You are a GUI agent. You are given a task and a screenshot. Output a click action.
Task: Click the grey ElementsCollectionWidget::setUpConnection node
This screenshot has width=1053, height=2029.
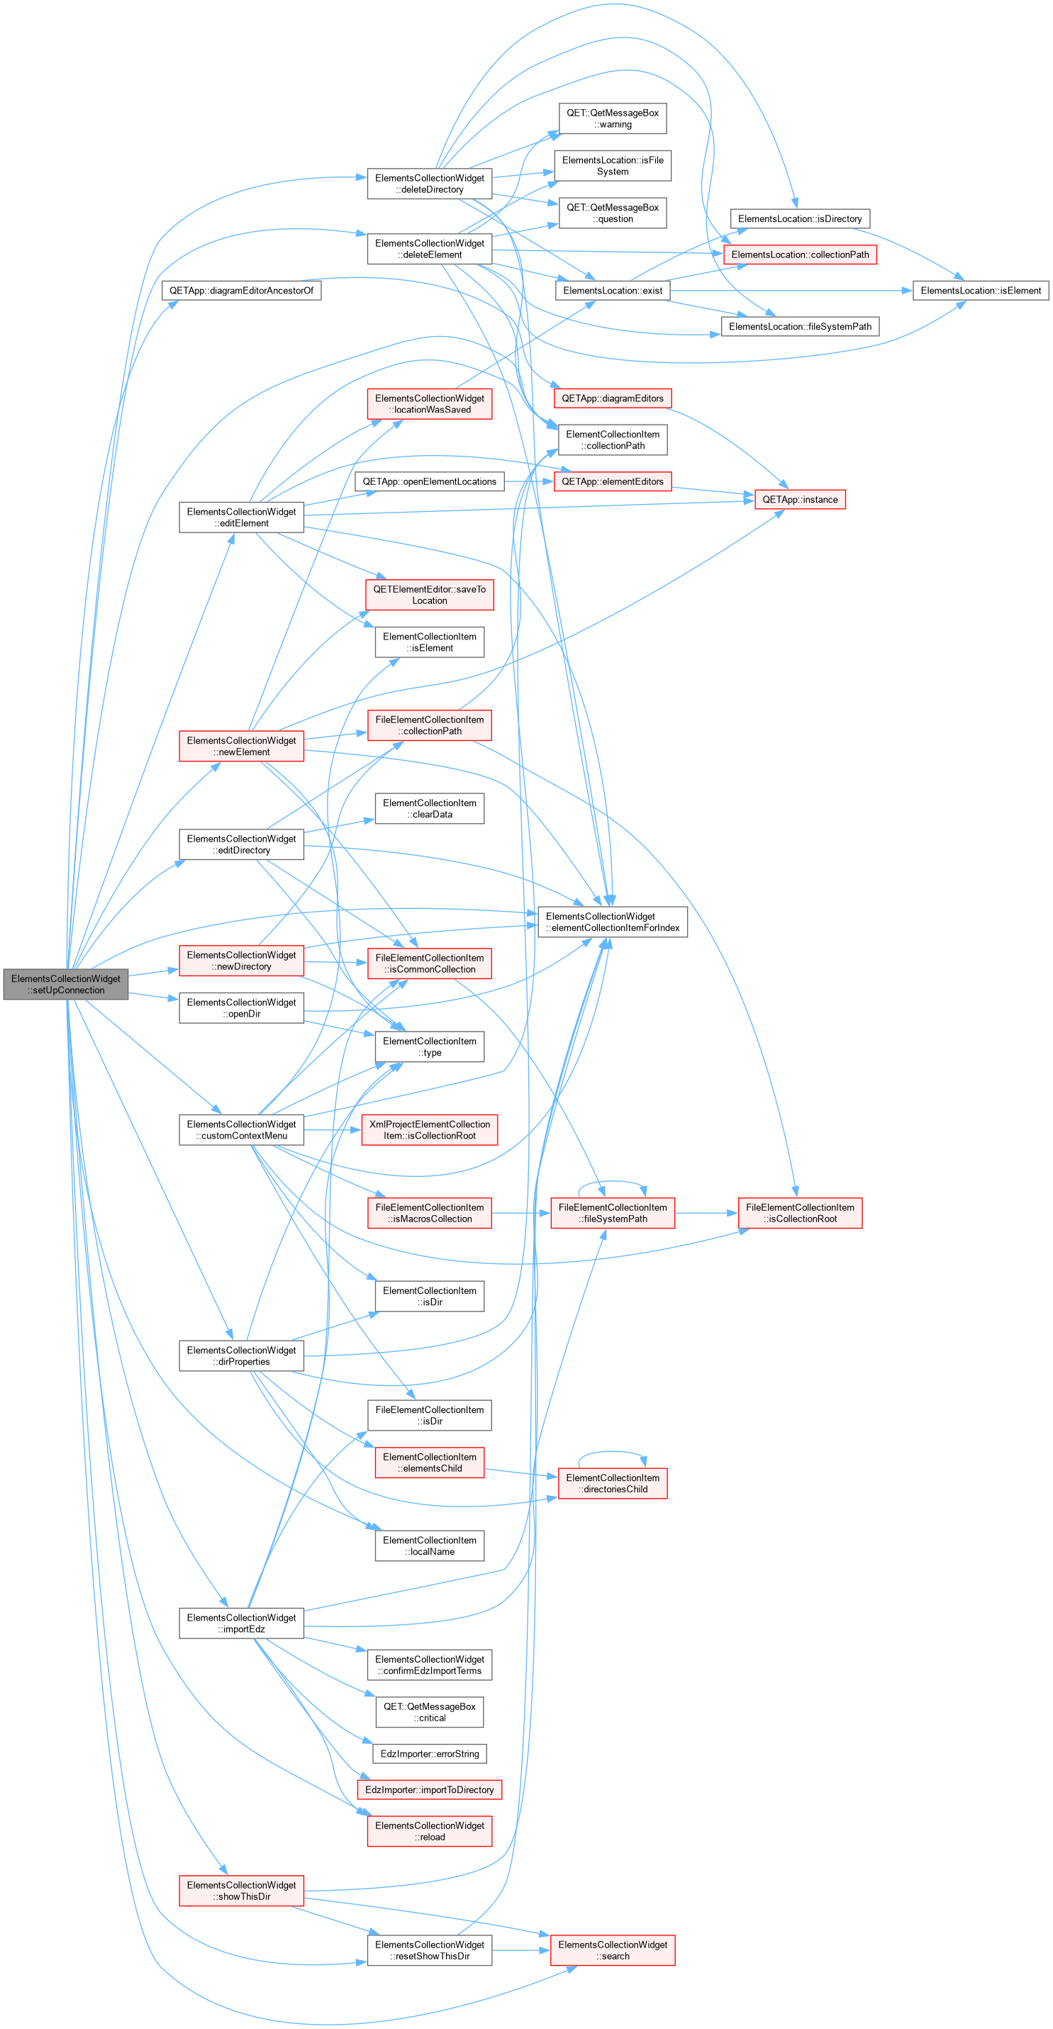point(65,985)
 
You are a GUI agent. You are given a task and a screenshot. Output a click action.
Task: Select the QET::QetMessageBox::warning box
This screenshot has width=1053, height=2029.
point(613,119)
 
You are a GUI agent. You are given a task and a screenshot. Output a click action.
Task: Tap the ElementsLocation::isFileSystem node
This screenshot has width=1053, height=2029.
point(613,166)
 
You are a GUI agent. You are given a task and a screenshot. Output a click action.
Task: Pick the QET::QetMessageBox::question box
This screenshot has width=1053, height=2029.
point(613,213)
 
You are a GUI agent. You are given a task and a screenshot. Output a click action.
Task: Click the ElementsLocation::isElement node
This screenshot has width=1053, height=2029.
point(981,291)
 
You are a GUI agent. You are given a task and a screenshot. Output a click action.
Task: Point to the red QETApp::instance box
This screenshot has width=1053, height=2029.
point(800,499)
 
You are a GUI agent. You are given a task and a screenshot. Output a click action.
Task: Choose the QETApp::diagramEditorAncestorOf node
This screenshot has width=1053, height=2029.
point(241,291)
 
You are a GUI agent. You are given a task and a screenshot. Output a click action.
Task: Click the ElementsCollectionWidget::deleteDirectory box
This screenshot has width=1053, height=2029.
point(429,184)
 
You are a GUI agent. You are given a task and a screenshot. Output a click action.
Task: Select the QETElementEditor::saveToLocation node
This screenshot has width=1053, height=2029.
point(429,595)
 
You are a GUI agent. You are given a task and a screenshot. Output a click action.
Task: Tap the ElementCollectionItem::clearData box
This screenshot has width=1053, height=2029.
point(429,809)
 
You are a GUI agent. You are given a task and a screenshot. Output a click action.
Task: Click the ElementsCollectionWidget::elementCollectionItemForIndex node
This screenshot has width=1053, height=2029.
point(613,922)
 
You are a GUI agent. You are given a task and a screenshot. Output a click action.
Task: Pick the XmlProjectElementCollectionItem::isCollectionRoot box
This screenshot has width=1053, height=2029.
point(429,1129)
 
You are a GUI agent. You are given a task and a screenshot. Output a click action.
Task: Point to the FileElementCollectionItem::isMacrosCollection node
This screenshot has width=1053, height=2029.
point(429,1213)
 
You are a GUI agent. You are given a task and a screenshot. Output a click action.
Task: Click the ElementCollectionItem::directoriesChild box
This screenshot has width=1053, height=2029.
point(613,1483)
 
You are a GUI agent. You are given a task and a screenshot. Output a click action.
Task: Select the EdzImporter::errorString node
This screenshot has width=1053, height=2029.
point(429,1754)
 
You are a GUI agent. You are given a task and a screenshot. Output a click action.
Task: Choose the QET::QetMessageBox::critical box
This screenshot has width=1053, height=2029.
point(429,1712)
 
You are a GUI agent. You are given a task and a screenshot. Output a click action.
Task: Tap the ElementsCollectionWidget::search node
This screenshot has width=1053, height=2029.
point(613,1950)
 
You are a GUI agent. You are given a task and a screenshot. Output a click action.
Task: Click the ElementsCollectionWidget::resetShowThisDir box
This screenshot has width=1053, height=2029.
point(429,1950)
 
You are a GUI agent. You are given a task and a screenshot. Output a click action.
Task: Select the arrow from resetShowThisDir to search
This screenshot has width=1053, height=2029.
point(521,1950)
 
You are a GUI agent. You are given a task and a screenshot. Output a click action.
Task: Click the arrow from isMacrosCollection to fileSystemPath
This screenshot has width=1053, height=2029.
point(521,1213)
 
